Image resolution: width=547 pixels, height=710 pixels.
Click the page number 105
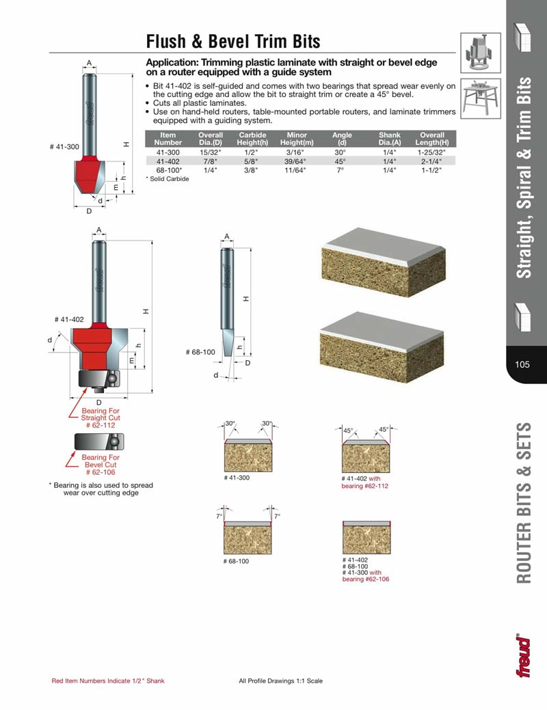pos(523,364)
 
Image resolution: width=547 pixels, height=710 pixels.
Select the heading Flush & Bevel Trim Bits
pos(233,42)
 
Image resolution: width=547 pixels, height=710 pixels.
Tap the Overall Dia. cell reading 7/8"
pos(206,161)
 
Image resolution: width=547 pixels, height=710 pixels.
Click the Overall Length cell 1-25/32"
pos(432,152)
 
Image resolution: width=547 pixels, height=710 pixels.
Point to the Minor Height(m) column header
pos(297,139)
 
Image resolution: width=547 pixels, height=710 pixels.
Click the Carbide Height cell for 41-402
pos(252,161)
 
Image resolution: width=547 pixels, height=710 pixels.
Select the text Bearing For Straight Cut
pos(100,413)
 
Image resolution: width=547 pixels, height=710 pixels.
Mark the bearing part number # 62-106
pos(101,472)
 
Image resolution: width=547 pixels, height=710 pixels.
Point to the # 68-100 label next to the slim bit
pos(200,352)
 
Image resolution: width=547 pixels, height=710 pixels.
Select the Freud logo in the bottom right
pos(523,656)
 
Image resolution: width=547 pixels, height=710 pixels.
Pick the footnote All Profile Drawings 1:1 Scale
pos(280,681)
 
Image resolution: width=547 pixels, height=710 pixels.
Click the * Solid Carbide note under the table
pos(168,179)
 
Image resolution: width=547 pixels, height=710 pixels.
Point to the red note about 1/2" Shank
pos(108,681)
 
